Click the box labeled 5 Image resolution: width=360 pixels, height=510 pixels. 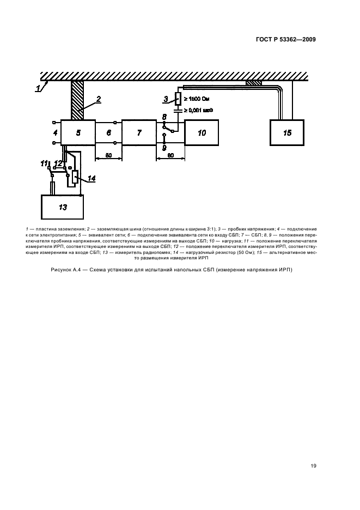pos(78,132)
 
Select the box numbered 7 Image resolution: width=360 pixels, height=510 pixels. pos(139,132)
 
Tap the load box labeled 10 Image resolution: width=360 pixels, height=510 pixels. pos(202,132)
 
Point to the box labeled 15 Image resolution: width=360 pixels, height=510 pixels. pos(288,132)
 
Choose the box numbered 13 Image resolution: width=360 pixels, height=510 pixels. pos(62,207)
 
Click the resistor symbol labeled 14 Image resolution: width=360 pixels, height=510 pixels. pos(76,178)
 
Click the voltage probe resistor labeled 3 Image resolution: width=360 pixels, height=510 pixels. pos(178,99)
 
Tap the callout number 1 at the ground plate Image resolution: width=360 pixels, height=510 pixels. pos(38,88)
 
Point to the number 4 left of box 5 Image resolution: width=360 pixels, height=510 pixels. pos(55,132)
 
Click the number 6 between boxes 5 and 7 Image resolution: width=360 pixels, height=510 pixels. pos(108,132)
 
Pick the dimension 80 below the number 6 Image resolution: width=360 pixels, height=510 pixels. pos(108,155)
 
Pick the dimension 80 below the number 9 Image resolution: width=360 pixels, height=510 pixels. pos(170,155)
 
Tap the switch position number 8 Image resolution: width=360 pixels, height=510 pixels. pos(164,117)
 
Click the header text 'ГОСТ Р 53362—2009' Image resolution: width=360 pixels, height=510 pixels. pos(285,39)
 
